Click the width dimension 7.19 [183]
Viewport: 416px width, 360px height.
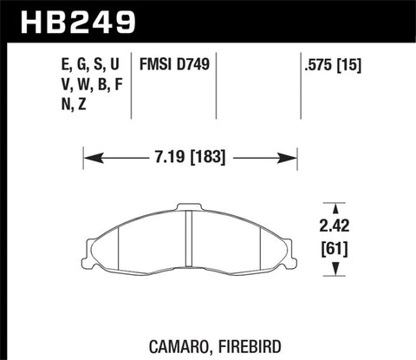tap(190, 159)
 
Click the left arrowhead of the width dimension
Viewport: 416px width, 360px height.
tap(88, 159)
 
